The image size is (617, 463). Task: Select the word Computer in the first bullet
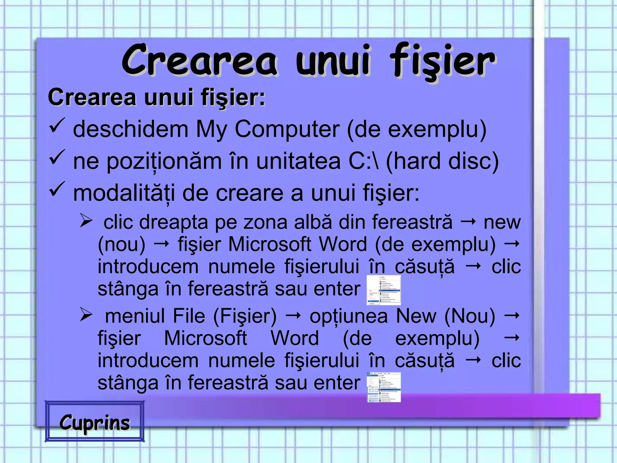pos(287,129)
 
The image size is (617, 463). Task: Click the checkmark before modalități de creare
pos(57,189)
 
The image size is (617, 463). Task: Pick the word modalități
pos(124,194)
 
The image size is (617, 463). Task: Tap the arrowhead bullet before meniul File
pos(86,315)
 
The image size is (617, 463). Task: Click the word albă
pos(313,222)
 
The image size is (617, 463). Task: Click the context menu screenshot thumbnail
pos(384,290)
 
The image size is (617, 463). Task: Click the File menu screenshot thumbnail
pos(384,387)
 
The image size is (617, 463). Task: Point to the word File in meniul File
pos(189,316)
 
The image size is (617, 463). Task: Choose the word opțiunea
pos(349,317)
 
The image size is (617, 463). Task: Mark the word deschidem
pos(130,129)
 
